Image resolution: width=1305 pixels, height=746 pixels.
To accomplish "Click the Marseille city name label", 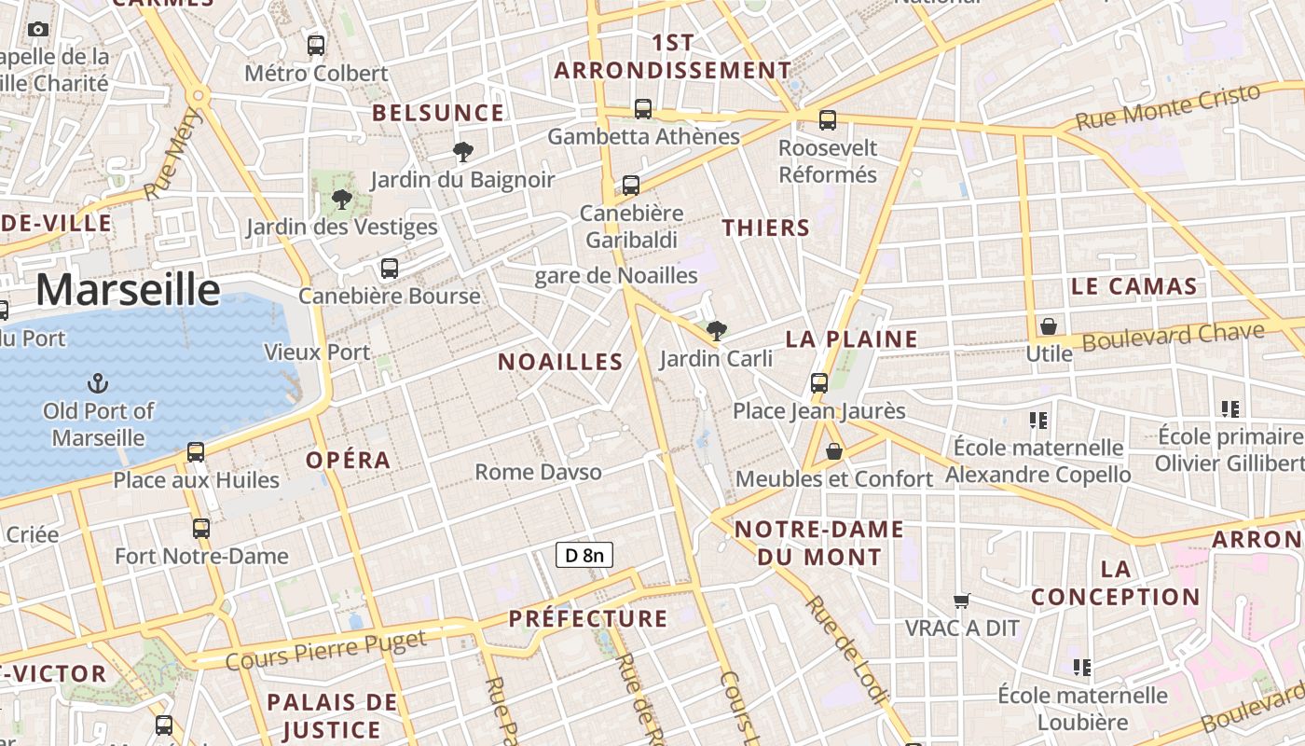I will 128,290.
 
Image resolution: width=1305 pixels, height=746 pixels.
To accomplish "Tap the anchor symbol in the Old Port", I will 97,382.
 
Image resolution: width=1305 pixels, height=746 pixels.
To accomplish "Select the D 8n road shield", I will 584,556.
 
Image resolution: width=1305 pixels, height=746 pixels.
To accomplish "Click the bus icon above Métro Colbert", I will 316,45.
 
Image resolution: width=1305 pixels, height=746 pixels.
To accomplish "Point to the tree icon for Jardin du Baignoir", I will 461,152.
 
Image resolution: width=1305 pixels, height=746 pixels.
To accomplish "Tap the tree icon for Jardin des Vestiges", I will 342,199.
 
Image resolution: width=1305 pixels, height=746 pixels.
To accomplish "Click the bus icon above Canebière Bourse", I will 390,269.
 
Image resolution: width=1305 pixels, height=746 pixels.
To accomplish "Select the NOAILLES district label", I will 560,362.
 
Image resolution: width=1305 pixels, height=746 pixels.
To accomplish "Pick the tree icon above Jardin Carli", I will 716,330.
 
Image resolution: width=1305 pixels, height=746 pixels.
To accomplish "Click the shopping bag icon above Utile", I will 1049,326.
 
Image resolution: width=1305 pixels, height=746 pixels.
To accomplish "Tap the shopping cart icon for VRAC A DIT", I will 962,601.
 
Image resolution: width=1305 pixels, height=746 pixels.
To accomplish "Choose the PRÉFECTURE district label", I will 588,618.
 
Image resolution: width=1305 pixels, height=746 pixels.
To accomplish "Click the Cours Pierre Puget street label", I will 326,649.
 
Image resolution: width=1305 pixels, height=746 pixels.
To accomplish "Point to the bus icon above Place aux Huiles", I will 196,452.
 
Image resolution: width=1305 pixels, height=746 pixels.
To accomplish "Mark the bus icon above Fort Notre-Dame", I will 201,529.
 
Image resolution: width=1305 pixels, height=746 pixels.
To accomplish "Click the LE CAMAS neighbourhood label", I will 1133,286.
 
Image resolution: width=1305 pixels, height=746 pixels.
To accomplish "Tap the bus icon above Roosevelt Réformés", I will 828,119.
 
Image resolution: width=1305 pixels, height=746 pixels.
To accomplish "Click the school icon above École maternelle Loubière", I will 1081,668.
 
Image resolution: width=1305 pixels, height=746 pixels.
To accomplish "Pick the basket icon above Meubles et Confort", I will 834,451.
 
